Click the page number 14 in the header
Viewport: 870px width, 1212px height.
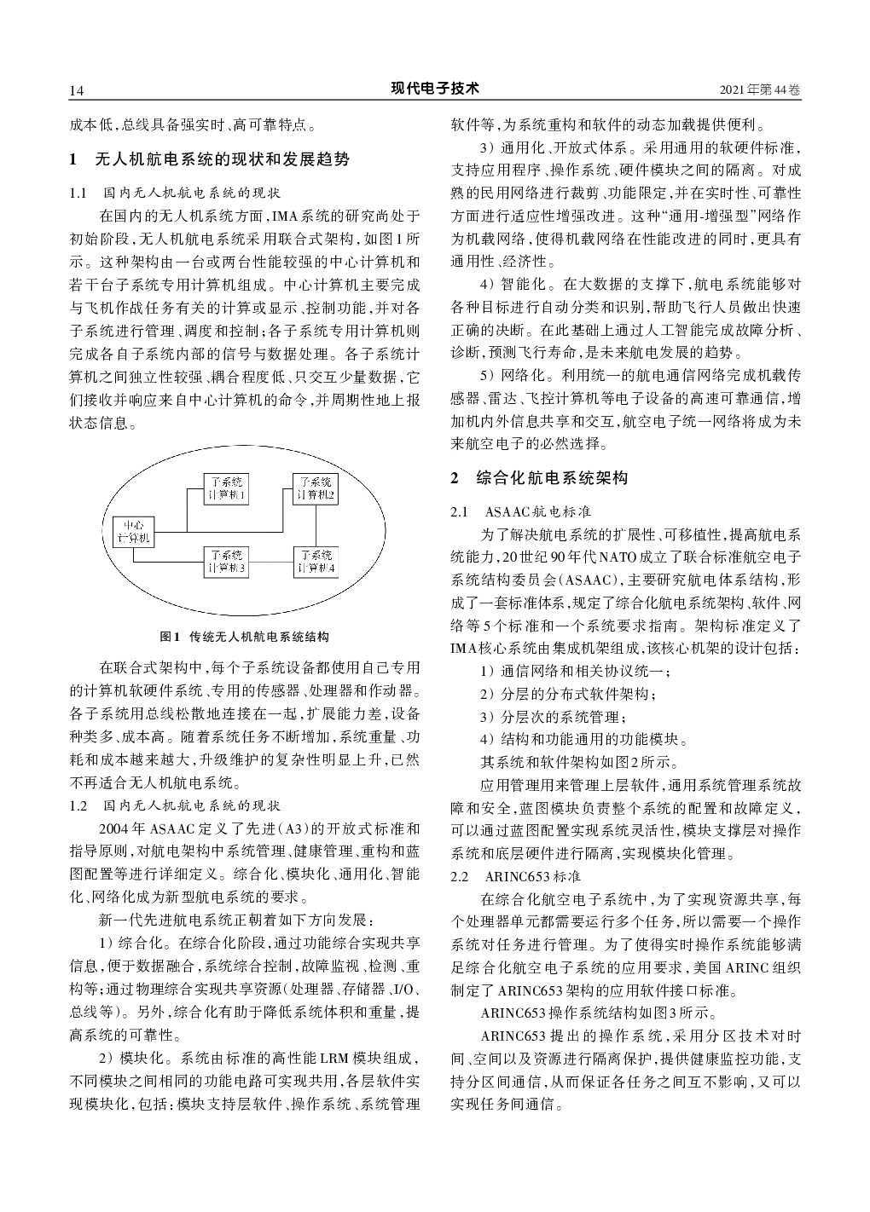pos(75,90)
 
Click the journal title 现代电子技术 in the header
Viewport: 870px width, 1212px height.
pos(435,89)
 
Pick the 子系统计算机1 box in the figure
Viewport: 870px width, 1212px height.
pos(226,488)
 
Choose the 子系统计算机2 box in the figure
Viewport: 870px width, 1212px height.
pos(316,488)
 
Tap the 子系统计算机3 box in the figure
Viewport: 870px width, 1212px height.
pos(226,562)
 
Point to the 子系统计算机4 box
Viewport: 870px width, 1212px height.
pos(316,562)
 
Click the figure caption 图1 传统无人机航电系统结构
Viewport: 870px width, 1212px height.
pos(245,636)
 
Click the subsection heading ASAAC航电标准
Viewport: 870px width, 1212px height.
pos(537,512)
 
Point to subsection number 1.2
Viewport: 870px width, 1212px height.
pos(78,805)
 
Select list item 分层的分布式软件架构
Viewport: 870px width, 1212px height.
pos(568,694)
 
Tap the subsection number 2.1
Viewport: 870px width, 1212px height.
pos(460,512)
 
